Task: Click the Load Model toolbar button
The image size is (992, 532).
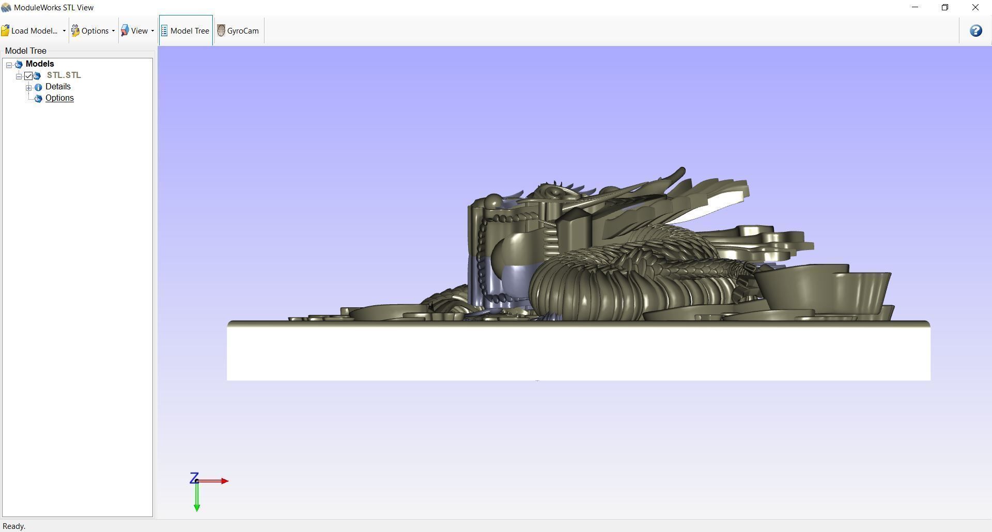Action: pos(30,31)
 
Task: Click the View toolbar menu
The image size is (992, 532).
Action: pos(137,31)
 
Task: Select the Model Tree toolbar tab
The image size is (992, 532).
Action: pos(185,31)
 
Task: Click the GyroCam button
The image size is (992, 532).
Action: pos(238,31)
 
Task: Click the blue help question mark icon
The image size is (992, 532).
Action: pos(975,31)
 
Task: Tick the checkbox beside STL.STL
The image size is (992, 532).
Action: pos(28,76)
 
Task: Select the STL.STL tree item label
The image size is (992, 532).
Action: pos(64,75)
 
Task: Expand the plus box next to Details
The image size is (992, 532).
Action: pos(29,87)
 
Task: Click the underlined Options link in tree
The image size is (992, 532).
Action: pos(59,98)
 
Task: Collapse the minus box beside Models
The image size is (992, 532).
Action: pos(9,65)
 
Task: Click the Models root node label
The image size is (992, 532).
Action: pos(40,64)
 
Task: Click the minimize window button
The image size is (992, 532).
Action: pos(915,7)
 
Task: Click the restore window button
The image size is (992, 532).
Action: pos(945,7)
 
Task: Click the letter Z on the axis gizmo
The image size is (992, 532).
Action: pos(194,478)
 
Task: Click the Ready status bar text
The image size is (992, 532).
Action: pos(14,526)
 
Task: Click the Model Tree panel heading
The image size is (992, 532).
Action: pos(26,51)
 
